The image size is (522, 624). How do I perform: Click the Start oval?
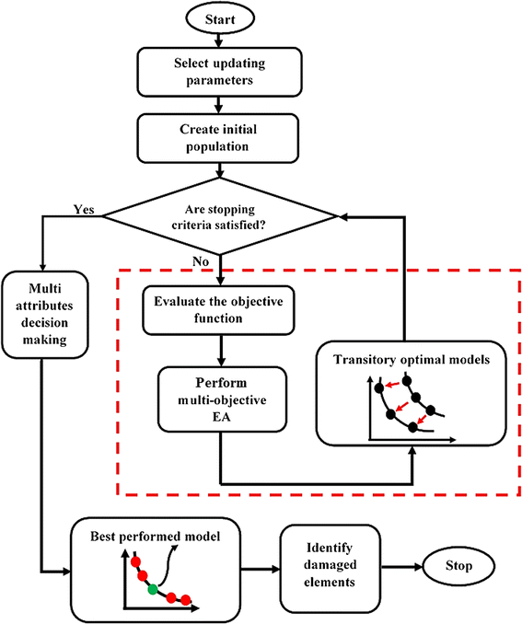click(x=220, y=18)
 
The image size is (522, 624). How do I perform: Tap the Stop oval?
click(x=458, y=565)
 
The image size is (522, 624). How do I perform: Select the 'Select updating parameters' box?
click(x=219, y=72)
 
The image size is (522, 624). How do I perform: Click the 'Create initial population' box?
click(x=218, y=138)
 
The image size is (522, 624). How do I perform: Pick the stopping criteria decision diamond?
click(x=220, y=216)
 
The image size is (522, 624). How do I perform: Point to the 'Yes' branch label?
click(x=84, y=209)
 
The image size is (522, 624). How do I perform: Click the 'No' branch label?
click(x=201, y=261)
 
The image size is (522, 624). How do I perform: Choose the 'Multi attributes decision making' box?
click(x=44, y=315)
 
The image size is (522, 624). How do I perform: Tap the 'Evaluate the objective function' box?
click(x=218, y=309)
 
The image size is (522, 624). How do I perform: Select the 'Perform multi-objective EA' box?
click(x=222, y=399)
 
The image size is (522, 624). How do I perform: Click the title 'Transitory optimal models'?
click(x=412, y=359)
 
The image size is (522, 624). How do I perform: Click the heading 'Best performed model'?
click(x=156, y=536)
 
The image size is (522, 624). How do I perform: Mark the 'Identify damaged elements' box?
click(x=331, y=565)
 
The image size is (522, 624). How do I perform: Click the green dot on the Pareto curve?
click(x=153, y=589)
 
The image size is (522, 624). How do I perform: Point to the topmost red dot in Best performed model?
click(x=135, y=561)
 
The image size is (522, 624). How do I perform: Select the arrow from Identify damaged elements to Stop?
click(x=401, y=566)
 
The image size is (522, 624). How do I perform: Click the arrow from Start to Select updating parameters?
click(x=218, y=40)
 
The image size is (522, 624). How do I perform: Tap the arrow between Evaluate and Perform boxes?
click(x=221, y=351)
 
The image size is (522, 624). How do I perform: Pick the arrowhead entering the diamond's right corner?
click(x=343, y=216)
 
